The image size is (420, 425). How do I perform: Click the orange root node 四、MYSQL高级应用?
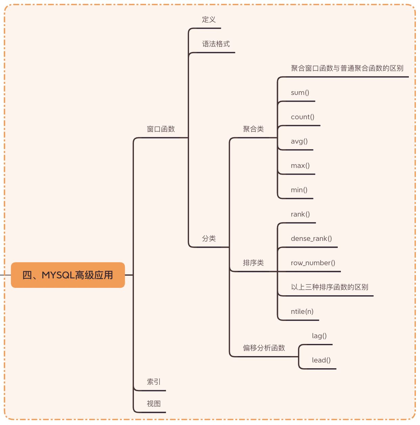pos(68,275)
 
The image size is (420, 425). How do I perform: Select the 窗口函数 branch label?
pos(161,129)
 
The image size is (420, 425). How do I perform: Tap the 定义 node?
pos(209,20)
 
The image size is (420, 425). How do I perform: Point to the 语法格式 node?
pos(216,44)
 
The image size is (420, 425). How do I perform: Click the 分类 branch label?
pos(209,239)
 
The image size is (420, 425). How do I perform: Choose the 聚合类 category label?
pos(253,129)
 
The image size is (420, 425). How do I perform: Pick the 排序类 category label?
pos(253,263)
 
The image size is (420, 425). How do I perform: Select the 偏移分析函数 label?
pos(264,348)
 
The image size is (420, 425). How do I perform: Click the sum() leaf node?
pos(300,93)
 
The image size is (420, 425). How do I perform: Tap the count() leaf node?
pos(302,117)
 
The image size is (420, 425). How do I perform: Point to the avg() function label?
pos(299,141)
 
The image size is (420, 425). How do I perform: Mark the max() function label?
pos(300,166)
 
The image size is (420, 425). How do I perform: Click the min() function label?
pos(299,190)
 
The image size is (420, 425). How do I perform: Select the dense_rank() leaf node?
pos(311,239)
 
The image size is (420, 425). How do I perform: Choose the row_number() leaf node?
pos(313,263)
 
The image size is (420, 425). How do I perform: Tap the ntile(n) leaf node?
pos(302,311)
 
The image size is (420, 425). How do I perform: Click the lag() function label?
pos(319,336)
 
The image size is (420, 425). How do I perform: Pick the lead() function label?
pos(321,360)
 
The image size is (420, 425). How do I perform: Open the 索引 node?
pos(154,382)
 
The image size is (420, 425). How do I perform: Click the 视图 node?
pos(154,404)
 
